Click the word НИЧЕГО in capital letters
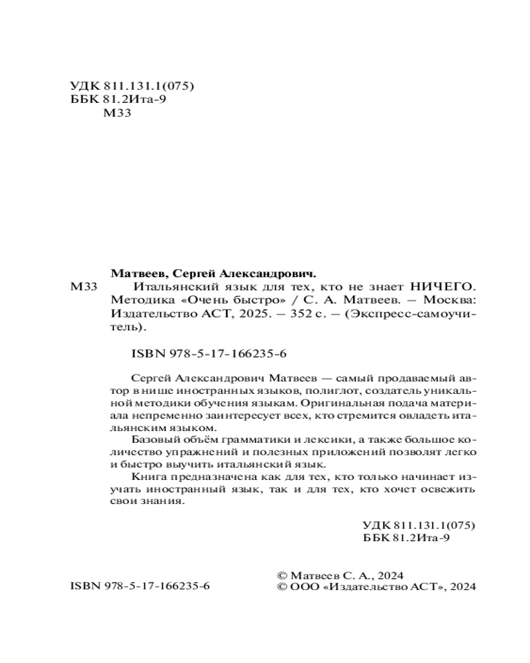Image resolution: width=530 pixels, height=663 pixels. (444, 287)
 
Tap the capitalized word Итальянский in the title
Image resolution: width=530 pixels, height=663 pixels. (170, 287)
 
